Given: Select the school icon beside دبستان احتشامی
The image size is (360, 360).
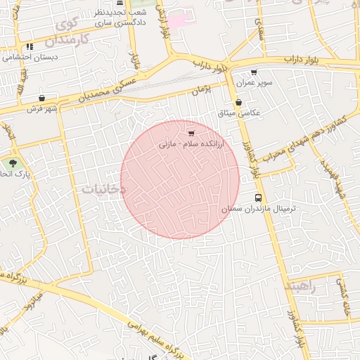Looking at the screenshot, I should pyautogui.click(x=30, y=47).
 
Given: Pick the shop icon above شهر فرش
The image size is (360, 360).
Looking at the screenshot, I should pyautogui.click(x=42, y=98).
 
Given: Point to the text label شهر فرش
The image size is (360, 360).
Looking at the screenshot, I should pyautogui.click(x=41, y=109).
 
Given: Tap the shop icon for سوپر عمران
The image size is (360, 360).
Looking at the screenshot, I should pyautogui.click(x=254, y=72).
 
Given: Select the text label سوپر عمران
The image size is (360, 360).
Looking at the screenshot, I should pyautogui.click(x=255, y=82).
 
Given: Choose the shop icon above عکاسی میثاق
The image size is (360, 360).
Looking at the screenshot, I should pyautogui.click(x=238, y=102).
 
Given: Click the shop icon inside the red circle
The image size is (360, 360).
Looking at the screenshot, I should pyautogui.click(x=191, y=132).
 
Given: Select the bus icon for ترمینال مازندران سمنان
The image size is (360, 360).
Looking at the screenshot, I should pyautogui.click(x=259, y=198).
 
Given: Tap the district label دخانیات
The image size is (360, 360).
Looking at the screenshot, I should pyautogui.click(x=103, y=188).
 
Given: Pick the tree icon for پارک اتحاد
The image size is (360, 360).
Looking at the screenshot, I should pyautogui.click(x=13, y=163).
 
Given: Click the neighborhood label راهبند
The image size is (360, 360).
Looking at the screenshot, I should pyautogui.click(x=302, y=287).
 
